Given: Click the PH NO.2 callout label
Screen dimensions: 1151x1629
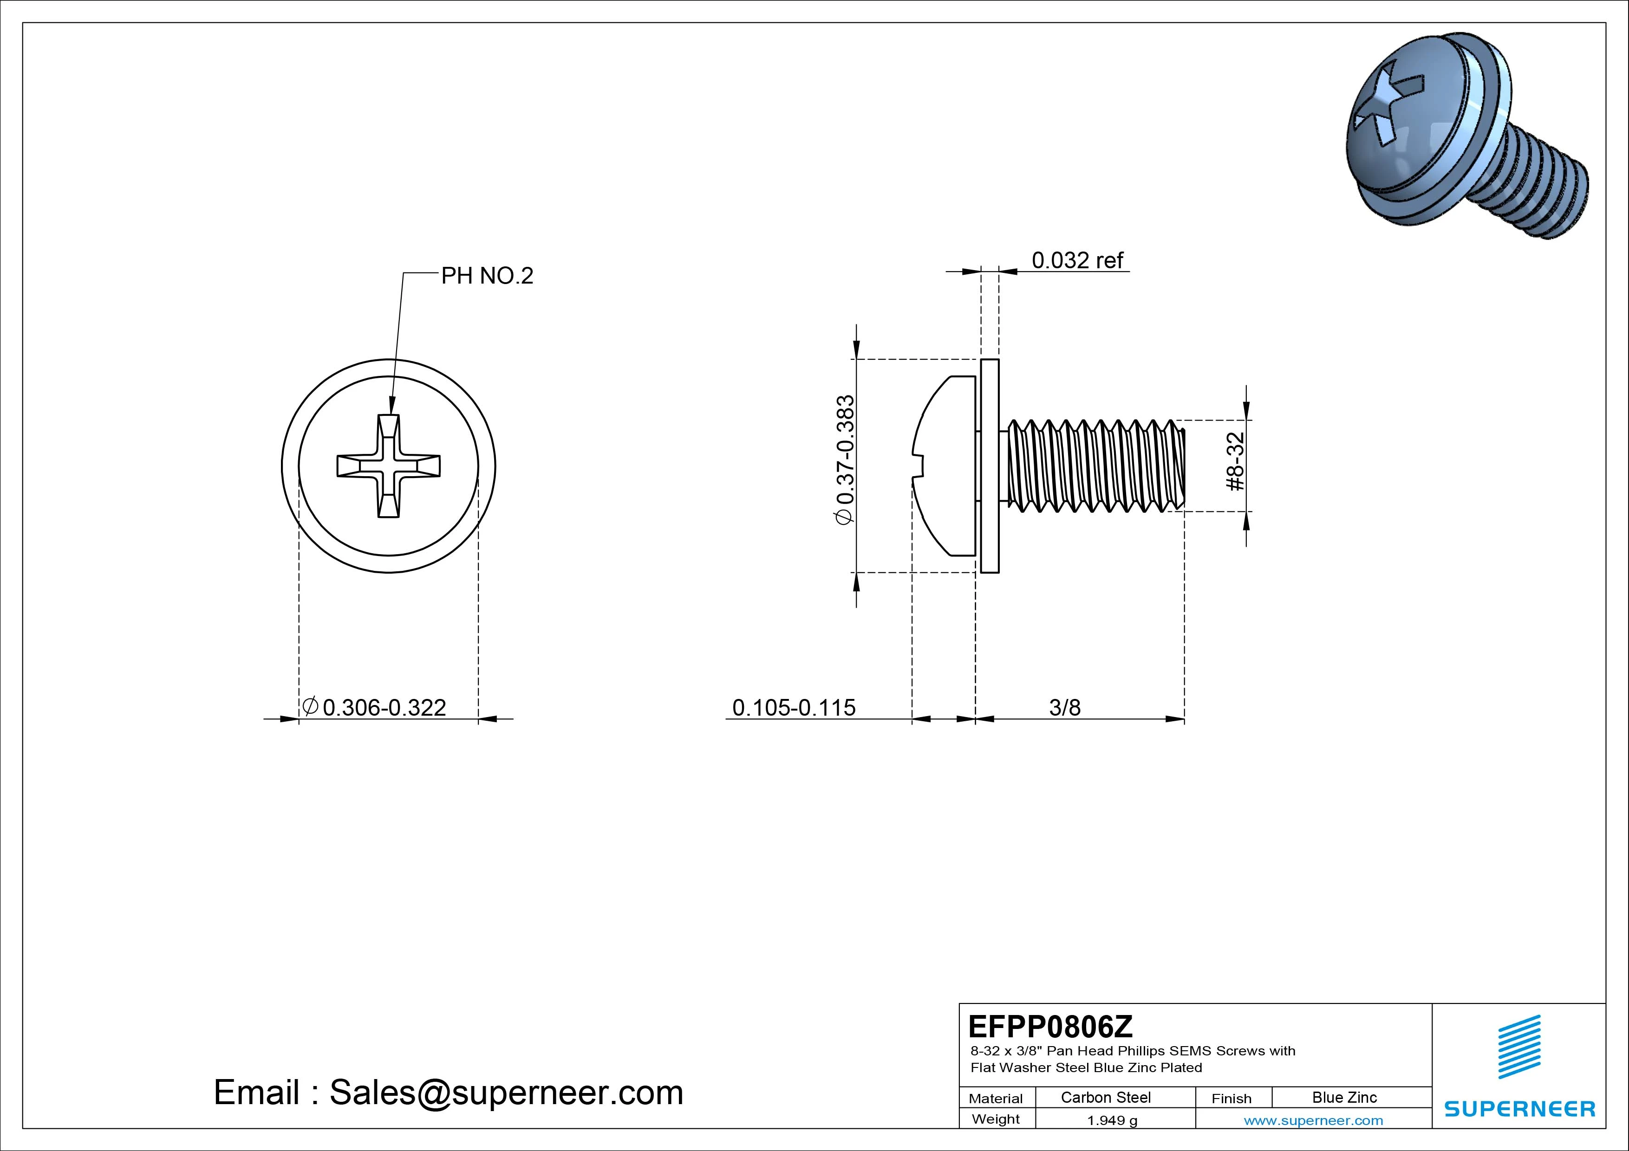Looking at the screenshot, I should (487, 276).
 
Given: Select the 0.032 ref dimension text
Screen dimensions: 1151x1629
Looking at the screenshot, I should (1077, 260).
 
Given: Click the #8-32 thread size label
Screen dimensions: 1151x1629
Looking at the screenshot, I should (1235, 462).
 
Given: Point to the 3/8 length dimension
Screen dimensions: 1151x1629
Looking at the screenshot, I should (1064, 707).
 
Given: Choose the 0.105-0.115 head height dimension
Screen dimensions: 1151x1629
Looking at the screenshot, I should (793, 707).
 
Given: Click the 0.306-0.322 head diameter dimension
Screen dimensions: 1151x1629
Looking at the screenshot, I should (384, 707).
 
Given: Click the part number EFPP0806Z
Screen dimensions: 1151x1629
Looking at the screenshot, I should (1050, 1026).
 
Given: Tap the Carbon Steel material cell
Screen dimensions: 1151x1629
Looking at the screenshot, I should (1105, 1097).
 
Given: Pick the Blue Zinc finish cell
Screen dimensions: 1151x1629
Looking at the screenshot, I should (1344, 1097).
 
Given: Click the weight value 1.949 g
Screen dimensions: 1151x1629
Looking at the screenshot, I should (1112, 1120).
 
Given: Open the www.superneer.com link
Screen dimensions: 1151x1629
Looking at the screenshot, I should (1313, 1120).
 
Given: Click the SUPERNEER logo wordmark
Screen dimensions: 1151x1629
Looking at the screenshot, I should (1519, 1108).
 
